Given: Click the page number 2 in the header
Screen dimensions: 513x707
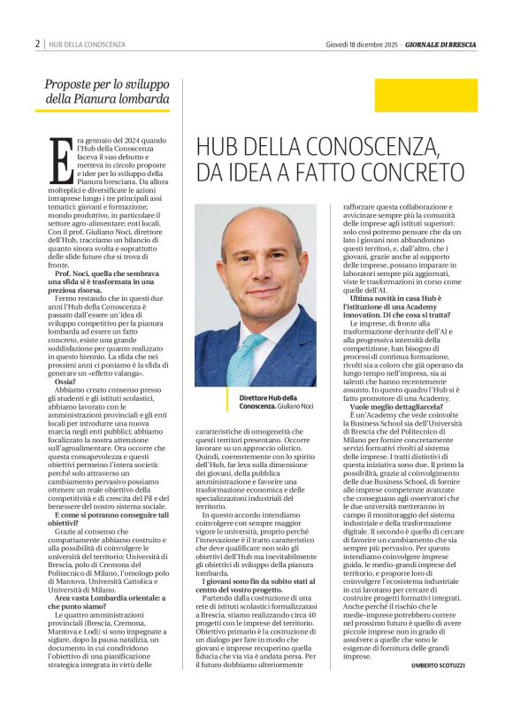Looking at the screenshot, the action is (37, 43).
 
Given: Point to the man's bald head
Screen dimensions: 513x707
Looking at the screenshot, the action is (256, 232).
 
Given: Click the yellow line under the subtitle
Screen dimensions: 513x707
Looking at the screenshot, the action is (102, 111).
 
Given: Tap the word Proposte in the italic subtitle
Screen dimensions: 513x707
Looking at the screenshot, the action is (70, 84).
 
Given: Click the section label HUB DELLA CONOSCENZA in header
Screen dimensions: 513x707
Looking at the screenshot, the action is (87, 43).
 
